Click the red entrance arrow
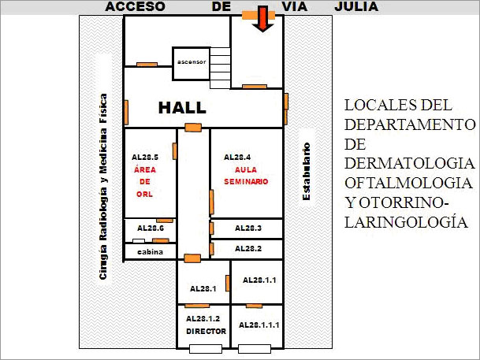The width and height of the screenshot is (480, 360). (262, 19)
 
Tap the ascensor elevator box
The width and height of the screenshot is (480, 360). (192, 64)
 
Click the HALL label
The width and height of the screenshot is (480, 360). (182, 108)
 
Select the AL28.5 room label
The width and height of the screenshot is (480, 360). (145, 158)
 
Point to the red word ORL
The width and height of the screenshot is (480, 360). (144, 195)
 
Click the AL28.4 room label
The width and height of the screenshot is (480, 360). (237, 158)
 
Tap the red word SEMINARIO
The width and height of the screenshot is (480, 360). (246, 182)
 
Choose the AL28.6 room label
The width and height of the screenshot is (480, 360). (151, 228)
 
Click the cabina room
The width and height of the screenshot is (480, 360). (150, 251)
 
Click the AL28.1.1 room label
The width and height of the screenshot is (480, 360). (259, 280)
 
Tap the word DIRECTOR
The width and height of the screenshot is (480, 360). (206, 332)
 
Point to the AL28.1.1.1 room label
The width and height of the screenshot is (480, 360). (259, 325)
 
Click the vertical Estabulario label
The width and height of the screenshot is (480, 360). (306, 172)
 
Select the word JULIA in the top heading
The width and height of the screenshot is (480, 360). (356, 7)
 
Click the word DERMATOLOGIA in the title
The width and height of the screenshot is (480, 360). (410, 163)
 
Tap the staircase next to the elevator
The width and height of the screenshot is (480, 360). (220, 68)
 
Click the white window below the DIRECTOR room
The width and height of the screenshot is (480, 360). (206, 349)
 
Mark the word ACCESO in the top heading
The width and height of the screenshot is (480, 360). (135, 7)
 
